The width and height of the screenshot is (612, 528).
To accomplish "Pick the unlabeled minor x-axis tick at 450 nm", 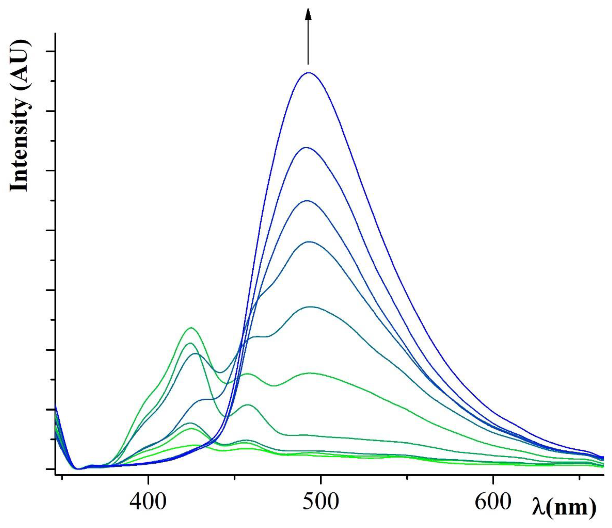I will pyautogui.click(x=234, y=477).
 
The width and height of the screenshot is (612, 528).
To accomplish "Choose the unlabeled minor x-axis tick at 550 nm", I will pyautogui.click(x=407, y=477).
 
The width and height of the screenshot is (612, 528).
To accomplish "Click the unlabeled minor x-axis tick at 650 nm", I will pyautogui.click(x=579, y=477).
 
